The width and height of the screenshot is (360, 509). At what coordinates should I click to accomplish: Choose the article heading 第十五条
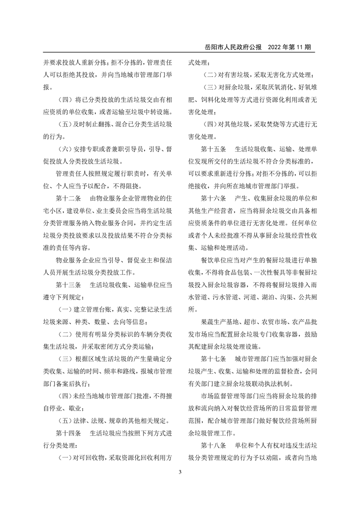pyautogui.click(x=214, y=149)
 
